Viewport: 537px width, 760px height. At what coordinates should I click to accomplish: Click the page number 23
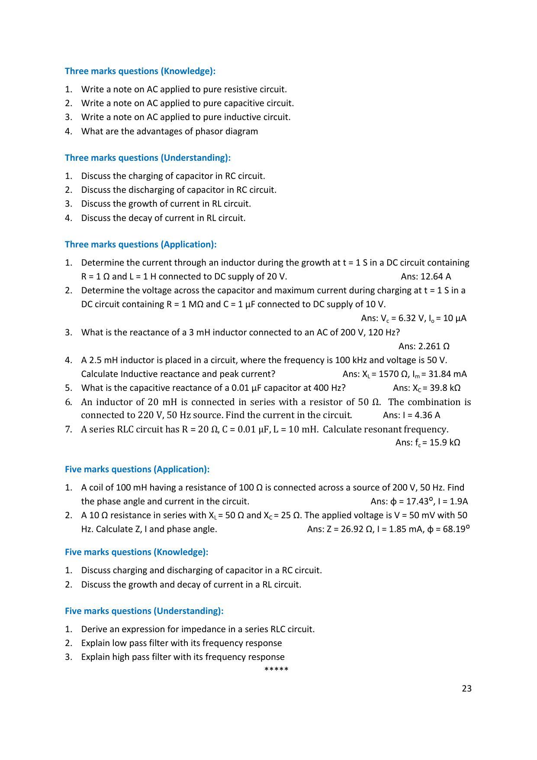click(466, 689)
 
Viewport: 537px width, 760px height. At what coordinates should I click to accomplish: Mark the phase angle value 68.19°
click(456, 529)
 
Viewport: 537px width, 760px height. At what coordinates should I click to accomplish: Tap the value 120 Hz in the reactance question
click(382, 332)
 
